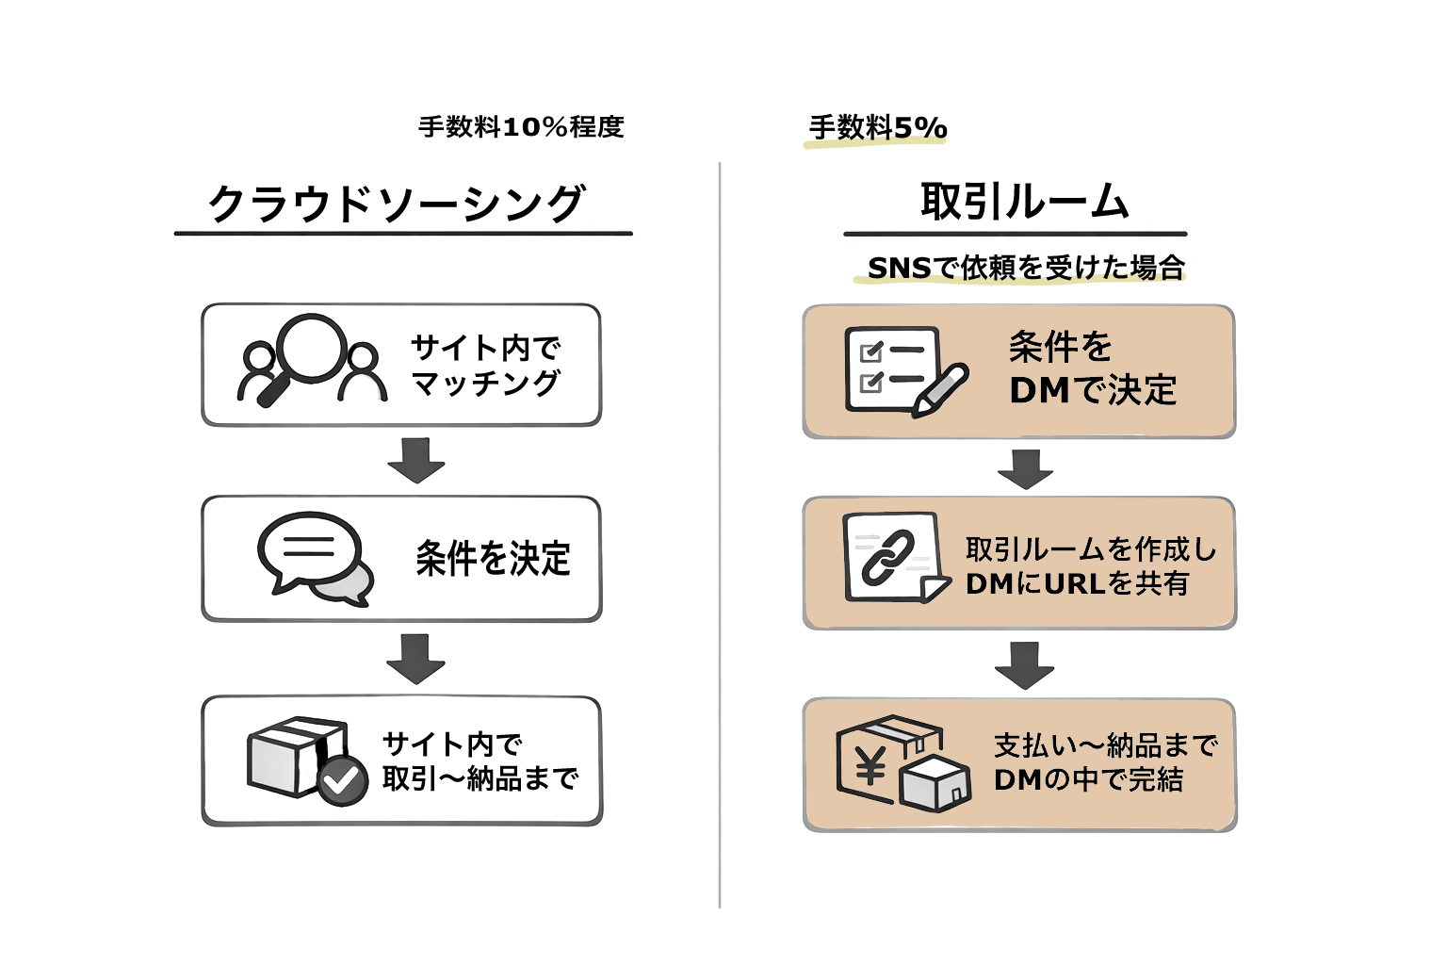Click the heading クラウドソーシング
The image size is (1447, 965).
click(396, 204)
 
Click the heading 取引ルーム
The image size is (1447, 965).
click(1024, 202)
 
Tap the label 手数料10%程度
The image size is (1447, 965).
click(521, 127)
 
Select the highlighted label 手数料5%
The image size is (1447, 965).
click(878, 128)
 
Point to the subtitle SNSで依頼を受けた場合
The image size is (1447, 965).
click(1025, 268)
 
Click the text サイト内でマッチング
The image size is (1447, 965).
click(485, 366)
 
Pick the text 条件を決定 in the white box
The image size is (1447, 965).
click(494, 559)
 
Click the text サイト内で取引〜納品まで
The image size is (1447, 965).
click(479, 761)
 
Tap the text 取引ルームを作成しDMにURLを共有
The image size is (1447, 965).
click(1091, 565)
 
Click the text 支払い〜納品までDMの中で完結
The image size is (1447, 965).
click(1104, 762)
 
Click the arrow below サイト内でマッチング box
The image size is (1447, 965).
click(415, 461)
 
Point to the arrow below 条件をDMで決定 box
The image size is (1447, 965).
click(1025, 468)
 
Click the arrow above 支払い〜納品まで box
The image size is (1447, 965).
click(1024, 664)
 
